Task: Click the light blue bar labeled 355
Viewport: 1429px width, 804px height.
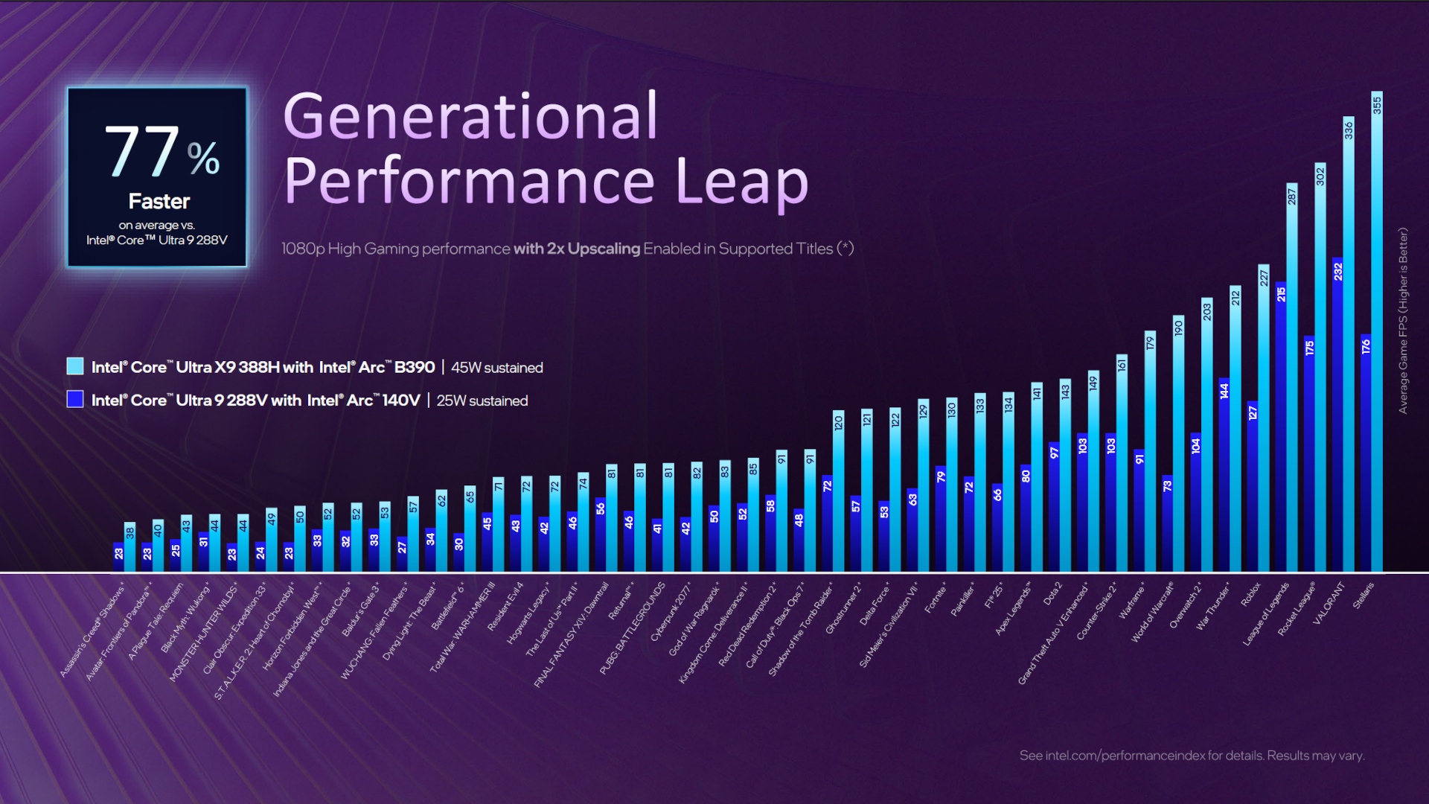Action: click(1377, 335)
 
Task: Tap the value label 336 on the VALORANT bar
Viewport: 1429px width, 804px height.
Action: click(1349, 130)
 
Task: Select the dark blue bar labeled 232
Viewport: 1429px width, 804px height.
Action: click(1337, 417)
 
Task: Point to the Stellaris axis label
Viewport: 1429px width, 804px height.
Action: click(1364, 596)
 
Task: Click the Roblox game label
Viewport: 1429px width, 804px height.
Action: click(1251, 594)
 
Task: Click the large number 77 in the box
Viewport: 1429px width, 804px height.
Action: click(142, 152)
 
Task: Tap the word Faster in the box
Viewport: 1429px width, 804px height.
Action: click(159, 202)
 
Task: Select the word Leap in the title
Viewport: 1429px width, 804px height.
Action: click(741, 181)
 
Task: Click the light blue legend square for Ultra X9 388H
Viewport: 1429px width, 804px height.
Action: click(75, 366)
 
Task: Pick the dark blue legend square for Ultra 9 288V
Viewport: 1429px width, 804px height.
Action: click(75, 400)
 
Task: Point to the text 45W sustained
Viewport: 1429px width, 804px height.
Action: click(497, 368)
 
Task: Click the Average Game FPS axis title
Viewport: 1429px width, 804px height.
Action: click(1403, 320)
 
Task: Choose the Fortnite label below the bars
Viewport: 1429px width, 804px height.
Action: click(936, 598)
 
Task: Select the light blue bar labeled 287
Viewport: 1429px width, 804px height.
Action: click(1292, 380)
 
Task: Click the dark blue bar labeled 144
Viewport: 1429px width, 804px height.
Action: click(1224, 476)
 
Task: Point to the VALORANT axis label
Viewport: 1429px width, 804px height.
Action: click(1329, 602)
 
